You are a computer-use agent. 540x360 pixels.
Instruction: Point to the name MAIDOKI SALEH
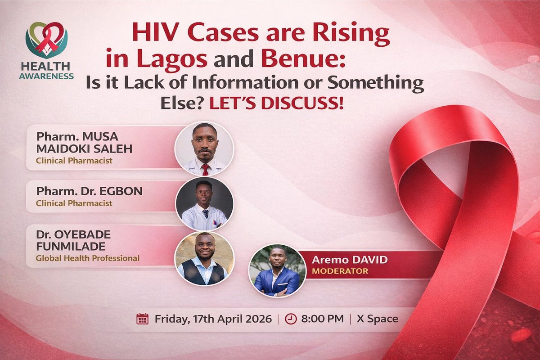coord(85,148)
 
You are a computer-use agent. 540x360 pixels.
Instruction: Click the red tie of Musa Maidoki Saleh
coord(205,169)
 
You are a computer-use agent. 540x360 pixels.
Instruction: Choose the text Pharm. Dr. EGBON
coord(89,190)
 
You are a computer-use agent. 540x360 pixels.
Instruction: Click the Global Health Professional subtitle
coord(88,258)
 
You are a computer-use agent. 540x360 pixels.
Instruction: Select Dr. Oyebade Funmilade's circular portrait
coord(204,258)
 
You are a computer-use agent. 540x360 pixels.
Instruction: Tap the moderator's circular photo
coord(277,271)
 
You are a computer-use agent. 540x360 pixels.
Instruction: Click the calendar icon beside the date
coord(142,319)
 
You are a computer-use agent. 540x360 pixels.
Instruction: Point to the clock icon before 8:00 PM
coord(291,319)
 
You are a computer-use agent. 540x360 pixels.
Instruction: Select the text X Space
coord(377,319)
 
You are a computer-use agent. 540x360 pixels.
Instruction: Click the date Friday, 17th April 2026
coord(213,319)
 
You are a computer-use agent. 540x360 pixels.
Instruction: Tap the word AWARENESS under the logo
coord(46,76)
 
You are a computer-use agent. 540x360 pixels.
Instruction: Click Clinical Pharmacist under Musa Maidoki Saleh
coord(74,160)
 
